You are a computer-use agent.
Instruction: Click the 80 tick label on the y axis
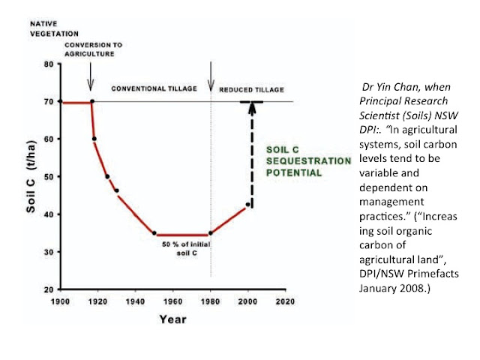coord(49,64)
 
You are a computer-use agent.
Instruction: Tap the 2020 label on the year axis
coord(285,301)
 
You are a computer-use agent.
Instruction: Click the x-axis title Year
coord(172,319)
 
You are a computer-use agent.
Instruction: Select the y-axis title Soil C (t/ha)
coord(31,177)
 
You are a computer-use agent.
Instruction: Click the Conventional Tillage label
coord(154,88)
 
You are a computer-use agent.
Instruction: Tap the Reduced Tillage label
coord(252,90)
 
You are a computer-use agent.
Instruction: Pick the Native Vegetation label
coord(54,28)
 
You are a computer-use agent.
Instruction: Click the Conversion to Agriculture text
coord(93,49)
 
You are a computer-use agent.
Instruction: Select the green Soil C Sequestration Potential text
coord(308,161)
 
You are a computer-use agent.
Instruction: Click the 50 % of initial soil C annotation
coord(187,248)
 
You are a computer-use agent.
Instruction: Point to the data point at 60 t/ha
coord(94,139)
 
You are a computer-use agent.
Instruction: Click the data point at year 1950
coord(154,233)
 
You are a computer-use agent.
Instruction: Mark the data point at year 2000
coord(247,204)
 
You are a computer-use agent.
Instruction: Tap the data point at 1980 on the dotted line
coord(211,233)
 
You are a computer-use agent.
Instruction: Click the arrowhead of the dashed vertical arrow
coord(252,108)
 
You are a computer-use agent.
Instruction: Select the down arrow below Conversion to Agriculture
coord(90,76)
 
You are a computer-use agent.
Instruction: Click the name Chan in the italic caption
coord(406,87)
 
